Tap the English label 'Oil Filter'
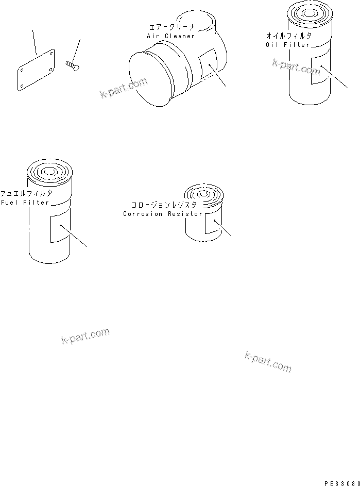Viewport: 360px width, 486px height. point(287,44)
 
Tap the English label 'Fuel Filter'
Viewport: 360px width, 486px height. point(25,202)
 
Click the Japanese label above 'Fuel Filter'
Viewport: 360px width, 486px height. point(26,193)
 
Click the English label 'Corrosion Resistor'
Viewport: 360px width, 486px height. point(163,213)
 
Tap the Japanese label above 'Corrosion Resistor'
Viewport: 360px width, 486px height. point(164,205)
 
